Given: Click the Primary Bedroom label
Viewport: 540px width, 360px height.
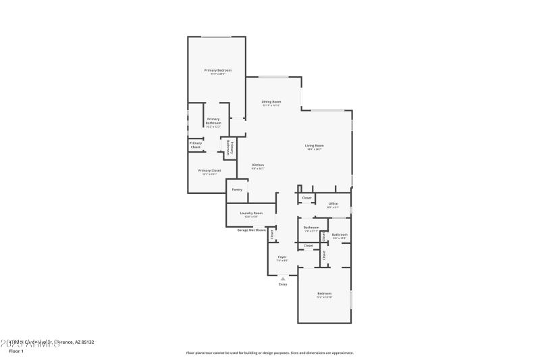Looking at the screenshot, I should (x=218, y=70).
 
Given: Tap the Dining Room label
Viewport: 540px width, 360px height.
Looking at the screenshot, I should (x=271, y=102).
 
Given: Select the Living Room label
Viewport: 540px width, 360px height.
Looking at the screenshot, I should (x=315, y=146).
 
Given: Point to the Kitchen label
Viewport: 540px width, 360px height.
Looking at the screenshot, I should (x=258, y=165).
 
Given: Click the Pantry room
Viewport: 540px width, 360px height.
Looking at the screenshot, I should (x=237, y=190).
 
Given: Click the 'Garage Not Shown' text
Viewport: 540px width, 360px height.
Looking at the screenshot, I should (x=251, y=230).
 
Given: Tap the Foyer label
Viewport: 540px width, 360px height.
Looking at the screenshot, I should (x=282, y=257).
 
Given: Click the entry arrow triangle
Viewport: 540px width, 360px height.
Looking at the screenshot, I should (x=283, y=278).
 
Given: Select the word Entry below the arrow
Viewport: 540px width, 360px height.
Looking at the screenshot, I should (x=283, y=284).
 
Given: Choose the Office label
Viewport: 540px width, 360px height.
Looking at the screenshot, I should (x=333, y=203).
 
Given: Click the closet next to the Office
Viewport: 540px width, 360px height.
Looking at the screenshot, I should (x=306, y=198).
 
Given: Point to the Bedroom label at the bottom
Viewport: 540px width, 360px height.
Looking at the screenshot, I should (x=325, y=293).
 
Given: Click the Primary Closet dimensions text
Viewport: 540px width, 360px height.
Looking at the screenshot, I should (x=209, y=174).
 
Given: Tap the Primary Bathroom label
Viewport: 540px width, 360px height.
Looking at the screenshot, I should (x=213, y=122).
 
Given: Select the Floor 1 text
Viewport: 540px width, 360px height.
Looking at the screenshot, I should (x=16, y=351).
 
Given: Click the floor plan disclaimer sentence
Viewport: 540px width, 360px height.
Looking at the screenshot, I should (x=269, y=353).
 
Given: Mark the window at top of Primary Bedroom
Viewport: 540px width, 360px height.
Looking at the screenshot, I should (x=216, y=36).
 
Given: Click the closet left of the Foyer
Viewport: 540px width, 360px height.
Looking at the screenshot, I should (x=273, y=236).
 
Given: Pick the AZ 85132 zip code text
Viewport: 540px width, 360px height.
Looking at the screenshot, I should (x=83, y=342).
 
